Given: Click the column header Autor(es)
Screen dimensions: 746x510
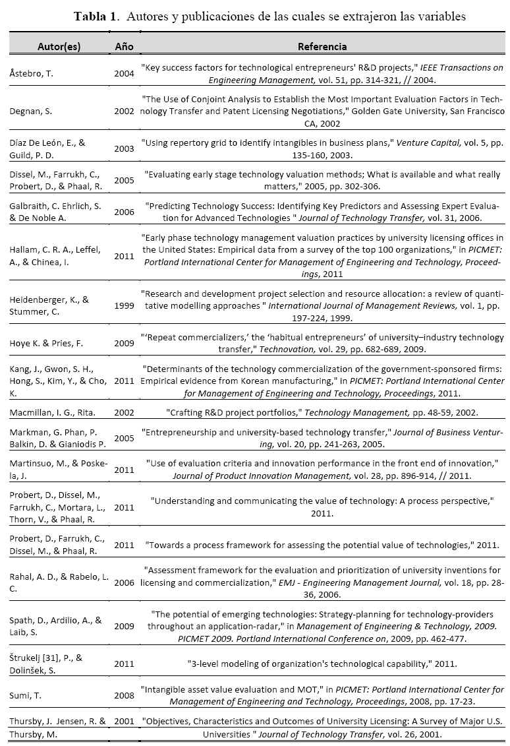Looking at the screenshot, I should click(60, 47).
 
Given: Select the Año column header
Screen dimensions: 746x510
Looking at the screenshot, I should click(124, 47).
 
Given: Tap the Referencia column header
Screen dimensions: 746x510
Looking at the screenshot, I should click(322, 47).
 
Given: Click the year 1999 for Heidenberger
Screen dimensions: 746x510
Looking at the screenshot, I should click(124, 305).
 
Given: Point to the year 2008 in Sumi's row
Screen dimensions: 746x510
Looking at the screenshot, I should click(124, 695).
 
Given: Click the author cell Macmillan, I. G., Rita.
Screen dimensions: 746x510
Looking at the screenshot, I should click(53, 412).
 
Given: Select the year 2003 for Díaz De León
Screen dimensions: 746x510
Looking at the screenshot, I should click(124, 148).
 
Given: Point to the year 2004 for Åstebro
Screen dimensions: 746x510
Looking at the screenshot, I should click(124, 73).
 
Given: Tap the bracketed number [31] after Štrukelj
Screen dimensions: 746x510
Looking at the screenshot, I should click(57, 658).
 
